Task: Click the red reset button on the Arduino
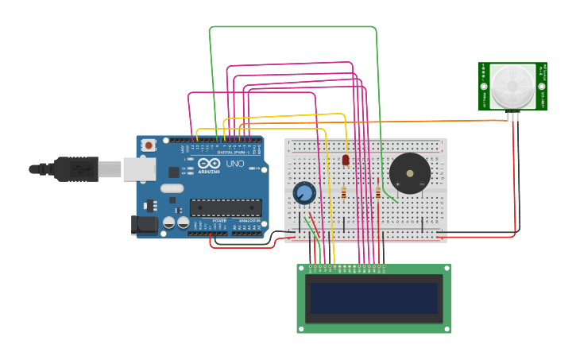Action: click(x=149, y=145)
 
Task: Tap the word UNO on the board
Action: click(x=235, y=164)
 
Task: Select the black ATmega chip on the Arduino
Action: click(x=226, y=208)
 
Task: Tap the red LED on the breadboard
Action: click(x=346, y=160)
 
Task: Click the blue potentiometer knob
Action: click(x=303, y=193)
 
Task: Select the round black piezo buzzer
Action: click(x=410, y=173)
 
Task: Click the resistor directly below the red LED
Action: click(x=343, y=192)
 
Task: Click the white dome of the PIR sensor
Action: click(x=512, y=87)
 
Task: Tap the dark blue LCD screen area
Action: click(x=373, y=299)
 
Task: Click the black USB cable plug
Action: click(x=75, y=168)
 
